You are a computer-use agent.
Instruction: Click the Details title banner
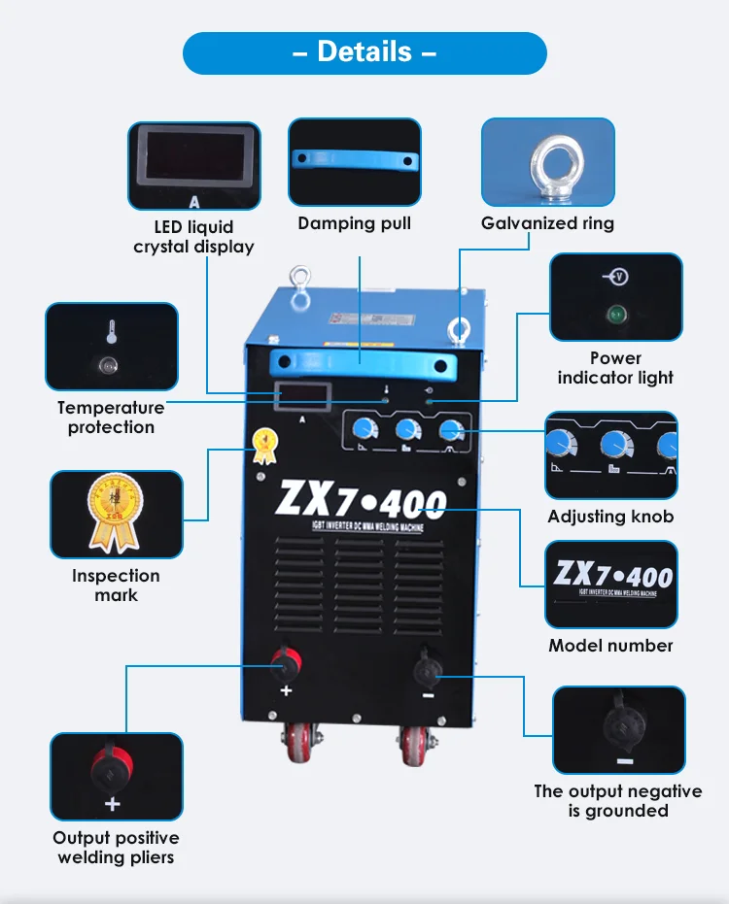[364, 52]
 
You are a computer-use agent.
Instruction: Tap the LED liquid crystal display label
[193, 237]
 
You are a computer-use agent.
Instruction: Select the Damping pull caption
[354, 223]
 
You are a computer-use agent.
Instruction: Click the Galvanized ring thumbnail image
[548, 162]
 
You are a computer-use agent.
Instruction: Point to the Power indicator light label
[615, 368]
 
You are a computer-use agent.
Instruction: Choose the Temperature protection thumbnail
[112, 347]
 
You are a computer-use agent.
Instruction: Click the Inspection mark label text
[116, 586]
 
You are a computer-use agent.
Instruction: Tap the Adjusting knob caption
[610, 517]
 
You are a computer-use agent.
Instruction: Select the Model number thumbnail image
[611, 585]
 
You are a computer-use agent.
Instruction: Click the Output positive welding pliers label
[116, 847]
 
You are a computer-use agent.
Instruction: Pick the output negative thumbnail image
[618, 729]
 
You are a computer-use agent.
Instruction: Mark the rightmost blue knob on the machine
[451, 431]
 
